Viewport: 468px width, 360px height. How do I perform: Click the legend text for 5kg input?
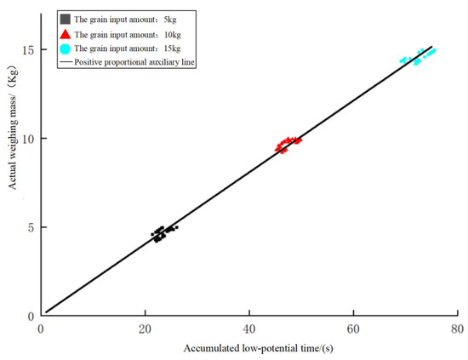129,18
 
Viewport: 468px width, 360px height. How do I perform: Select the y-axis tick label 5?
31,227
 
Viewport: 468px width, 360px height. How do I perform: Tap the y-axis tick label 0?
31,316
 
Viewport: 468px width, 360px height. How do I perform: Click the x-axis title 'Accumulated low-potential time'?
248,348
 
